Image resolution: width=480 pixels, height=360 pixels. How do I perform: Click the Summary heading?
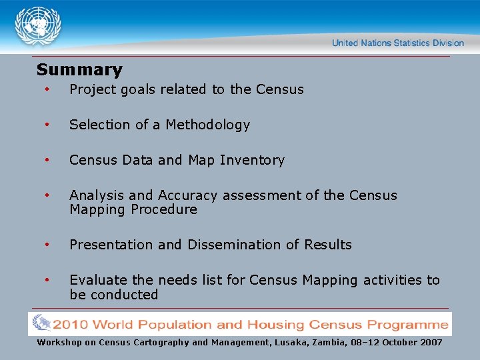pyautogui.click(x=79, y=69)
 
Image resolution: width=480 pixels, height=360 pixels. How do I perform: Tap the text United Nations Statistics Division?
pyautogui.click(x=397, y=43)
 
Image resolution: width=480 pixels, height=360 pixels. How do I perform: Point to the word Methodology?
pyautogui.click(x=207, y=125)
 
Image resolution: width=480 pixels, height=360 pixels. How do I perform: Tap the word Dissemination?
pyautogui.click(x=235, y=245)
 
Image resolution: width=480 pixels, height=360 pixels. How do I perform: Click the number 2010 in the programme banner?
pyautogui.click(x=71, y=325)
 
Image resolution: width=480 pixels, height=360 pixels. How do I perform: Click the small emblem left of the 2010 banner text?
pyautogui.click(x=41, y=324)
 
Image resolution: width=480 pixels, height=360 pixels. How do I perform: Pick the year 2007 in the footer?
pyautogui.click(x=430, y=342)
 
